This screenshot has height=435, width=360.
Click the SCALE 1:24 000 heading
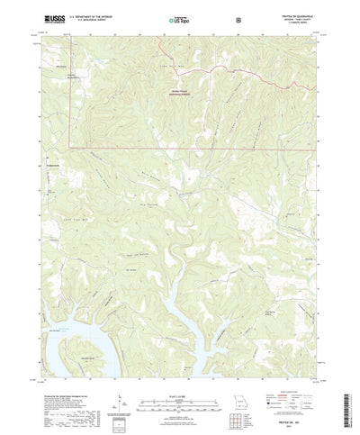coord(180,368)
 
